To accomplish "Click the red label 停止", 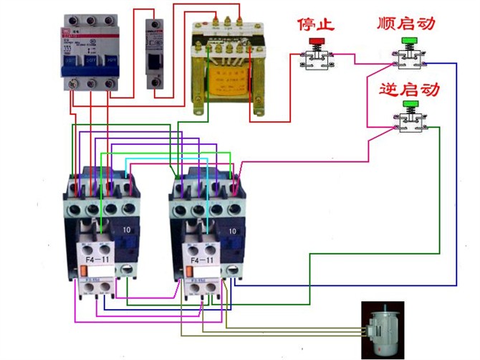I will pyautogui.click(x=316, y=24).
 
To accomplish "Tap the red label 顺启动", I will pyautogui.click(x=405, y=24).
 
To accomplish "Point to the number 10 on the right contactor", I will pyautogui.click(x=231, y=232).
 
